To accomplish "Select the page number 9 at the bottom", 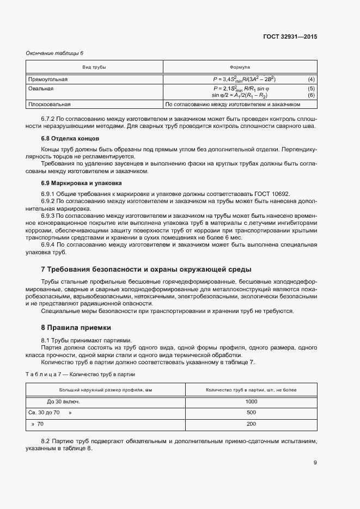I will point(315,463).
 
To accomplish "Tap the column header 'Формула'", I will point(240,66).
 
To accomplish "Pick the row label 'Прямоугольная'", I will point(47,79).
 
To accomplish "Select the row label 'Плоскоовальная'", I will point(50,103).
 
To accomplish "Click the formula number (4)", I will point(311,79).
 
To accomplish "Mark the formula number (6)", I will point(311,95).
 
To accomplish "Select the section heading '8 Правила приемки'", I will point(76,328).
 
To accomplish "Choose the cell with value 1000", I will point(251,401).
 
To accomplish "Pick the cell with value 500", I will point(251,413).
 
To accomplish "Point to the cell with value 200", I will point(251,424).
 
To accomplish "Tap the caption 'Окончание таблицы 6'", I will point(55,53).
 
